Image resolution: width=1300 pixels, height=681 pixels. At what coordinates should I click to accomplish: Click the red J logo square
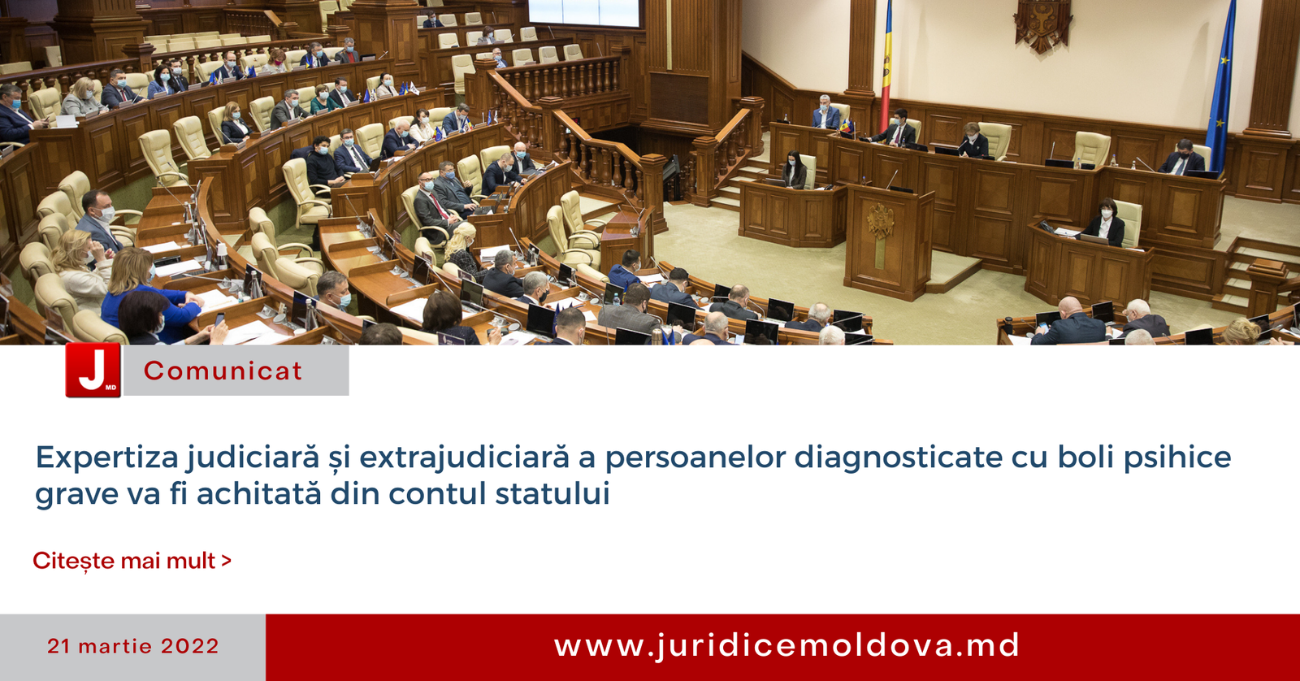tap(93, 370)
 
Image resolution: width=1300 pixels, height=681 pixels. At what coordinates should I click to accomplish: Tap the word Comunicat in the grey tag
tap(223, 371)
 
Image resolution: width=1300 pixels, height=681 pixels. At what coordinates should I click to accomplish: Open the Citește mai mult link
tap(132, 561)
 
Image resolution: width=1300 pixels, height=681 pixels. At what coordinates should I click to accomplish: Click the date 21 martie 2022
tap(133, 646)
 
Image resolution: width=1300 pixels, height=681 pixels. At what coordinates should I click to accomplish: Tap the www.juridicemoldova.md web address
tap(786, 646)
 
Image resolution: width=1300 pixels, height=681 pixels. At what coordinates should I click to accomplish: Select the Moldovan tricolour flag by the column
tap(886, 65)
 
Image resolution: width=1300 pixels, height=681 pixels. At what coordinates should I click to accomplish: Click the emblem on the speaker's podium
tap(881, 220)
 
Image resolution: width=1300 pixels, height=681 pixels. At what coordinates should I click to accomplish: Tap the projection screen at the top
tap(584, 13)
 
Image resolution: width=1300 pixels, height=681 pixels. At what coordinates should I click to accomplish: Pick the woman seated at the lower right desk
tap(1104, 222)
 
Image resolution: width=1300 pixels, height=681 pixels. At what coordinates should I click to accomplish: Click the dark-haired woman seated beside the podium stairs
tap(795, 170)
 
